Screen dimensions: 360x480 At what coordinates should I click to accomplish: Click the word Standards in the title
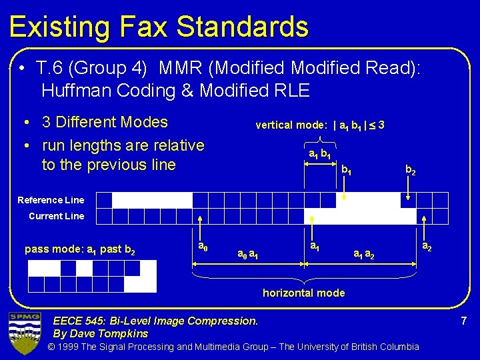pos(251,27)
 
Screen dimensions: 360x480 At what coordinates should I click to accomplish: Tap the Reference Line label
pos(51,200)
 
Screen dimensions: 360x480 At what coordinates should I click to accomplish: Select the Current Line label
pos(56,216)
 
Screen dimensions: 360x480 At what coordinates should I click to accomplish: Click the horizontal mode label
pos(303,293)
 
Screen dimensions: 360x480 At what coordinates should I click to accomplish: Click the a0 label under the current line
pos(203,247)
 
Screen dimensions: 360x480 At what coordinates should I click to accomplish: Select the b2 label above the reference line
pos(411,171)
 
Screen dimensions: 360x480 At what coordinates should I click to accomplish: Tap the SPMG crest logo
pos(25,331)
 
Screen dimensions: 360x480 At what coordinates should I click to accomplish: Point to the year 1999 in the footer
pos(78,347)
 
